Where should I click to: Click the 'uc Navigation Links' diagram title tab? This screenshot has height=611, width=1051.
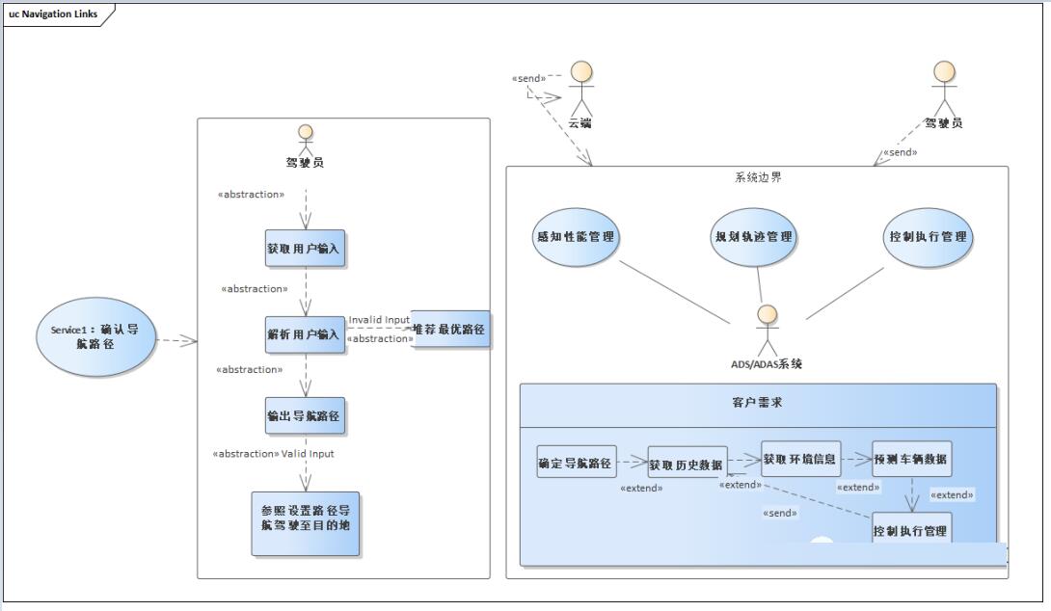tap(53, 13)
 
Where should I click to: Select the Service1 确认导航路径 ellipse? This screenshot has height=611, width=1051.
tap(95, 336)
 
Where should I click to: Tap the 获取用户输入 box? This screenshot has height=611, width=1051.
tap(304, 249)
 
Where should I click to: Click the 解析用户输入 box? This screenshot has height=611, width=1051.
tap(304, 334)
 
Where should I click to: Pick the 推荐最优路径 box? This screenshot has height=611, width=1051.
tap(449, 330)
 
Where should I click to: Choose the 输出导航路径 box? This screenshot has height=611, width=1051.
tap(305, 416)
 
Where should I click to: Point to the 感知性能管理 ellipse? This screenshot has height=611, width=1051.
tap(575, 236)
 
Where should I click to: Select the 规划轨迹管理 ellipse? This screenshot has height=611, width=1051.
tap(754, 236)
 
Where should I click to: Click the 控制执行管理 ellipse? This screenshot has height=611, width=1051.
tap(929, 236)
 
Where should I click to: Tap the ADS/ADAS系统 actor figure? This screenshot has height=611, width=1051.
tap(767, 330)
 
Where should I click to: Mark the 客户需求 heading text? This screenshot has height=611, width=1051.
tap(757, 403)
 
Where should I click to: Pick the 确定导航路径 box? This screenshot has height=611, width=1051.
tap(576, 464)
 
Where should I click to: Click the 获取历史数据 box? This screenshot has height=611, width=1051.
tap(687, 465)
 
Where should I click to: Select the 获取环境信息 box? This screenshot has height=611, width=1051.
tap(800, 459)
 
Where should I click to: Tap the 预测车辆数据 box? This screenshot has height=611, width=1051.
tap(911, 459)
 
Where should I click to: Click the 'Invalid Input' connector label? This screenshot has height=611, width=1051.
tap(379, 320)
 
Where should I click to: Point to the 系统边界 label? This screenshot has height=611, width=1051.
tap(758, 177)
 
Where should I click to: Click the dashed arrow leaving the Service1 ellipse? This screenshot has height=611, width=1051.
tap(175, 340)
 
